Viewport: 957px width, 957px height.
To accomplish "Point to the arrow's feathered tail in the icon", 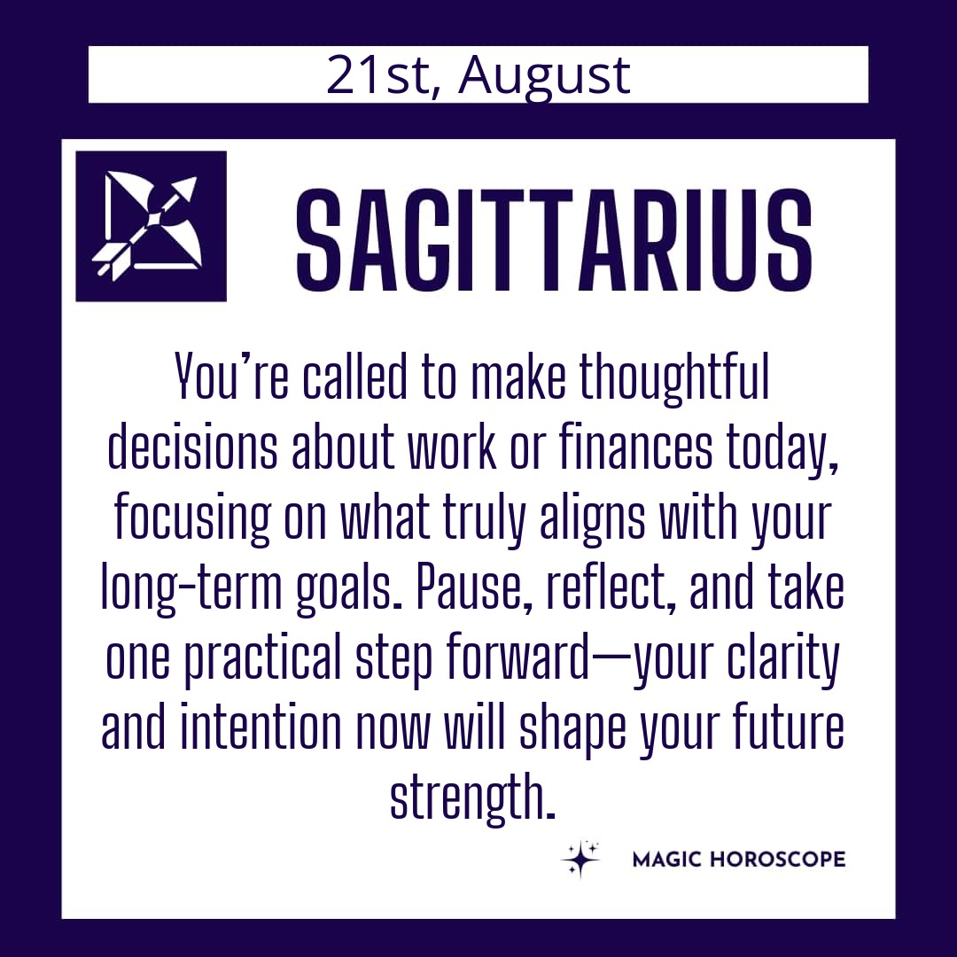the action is (x=109, y=261).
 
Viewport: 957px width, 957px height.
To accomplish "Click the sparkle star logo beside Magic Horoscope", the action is (x=580, y=860).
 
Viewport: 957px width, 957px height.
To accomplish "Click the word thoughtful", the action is (x=673, y=377).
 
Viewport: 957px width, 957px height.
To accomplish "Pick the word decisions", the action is (x=192, y=447).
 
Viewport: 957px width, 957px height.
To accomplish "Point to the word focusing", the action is (x=191, y=518).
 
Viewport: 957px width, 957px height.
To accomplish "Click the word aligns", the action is (x=592, y=518).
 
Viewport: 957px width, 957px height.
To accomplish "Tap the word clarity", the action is (x=783, y=659).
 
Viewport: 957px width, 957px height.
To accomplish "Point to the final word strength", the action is (x=472, y=797).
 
